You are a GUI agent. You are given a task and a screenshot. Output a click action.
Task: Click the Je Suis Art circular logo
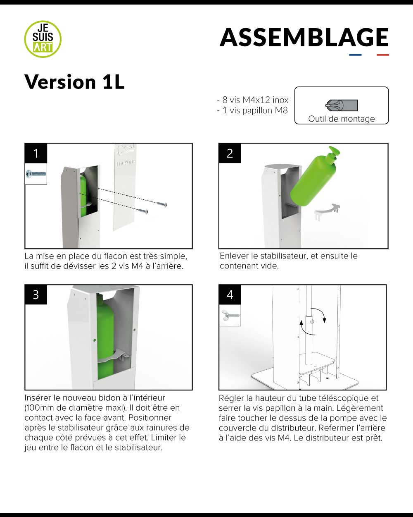coord(43,39)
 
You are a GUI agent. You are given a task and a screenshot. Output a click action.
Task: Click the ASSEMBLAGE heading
coord(304,37)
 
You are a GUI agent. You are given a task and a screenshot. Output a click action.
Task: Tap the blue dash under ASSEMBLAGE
coord(355,55)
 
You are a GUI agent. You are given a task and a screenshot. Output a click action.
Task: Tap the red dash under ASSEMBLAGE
coord(382,55)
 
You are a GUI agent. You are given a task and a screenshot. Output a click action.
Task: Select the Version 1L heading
coord(74,82)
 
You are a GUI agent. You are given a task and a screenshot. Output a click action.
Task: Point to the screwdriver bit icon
coord(342,105)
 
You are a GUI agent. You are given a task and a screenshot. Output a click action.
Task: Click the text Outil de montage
coord(341,119)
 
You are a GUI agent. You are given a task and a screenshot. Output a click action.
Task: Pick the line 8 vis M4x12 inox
coord(252,100)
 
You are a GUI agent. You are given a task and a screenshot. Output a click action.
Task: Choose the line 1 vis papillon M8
coord(252,110)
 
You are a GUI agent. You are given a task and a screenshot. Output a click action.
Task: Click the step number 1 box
coord(36,153)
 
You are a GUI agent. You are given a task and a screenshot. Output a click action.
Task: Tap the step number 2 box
coord(230,153)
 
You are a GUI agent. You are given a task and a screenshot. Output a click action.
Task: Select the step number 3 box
coord(36,294)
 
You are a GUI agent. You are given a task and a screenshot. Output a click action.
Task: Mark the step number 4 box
coord(230,294)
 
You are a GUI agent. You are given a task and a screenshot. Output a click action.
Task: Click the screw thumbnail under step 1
coord(36,174)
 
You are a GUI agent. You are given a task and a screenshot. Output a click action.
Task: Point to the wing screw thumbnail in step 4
coord(230,315)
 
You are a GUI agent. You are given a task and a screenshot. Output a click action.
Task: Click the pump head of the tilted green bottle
coord(334,151)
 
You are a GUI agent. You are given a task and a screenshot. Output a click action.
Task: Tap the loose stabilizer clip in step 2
coord(327,211)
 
